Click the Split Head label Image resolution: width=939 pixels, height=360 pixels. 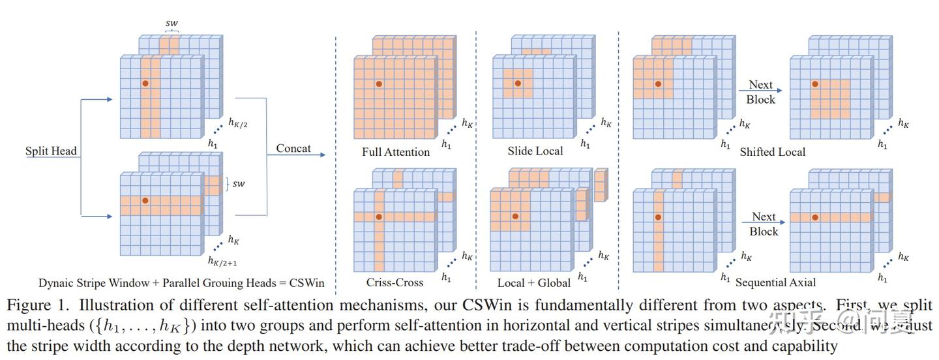pos(51,151)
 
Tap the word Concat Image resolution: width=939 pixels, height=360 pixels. pos(293,149)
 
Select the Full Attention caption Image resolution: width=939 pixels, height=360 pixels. pos(396,152)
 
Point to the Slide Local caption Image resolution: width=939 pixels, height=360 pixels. pos(535,151)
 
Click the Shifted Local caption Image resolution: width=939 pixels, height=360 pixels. pos(772,152)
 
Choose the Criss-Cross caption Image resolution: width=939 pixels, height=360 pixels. pos(395,282)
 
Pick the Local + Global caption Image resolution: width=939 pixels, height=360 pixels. pos(533,282)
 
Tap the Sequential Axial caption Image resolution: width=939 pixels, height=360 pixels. pos(775,282)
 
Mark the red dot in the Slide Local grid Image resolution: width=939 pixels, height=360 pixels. pos(517,83)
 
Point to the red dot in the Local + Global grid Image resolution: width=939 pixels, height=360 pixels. pos(515,216)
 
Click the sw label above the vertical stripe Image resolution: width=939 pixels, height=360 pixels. pos(171,23)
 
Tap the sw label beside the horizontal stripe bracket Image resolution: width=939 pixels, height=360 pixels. pos(239,184)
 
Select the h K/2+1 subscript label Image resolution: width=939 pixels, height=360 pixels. pos(222,262)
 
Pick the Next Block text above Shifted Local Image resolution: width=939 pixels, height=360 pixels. pos(761,92)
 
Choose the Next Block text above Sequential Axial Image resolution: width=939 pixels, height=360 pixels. pos(764,224)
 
